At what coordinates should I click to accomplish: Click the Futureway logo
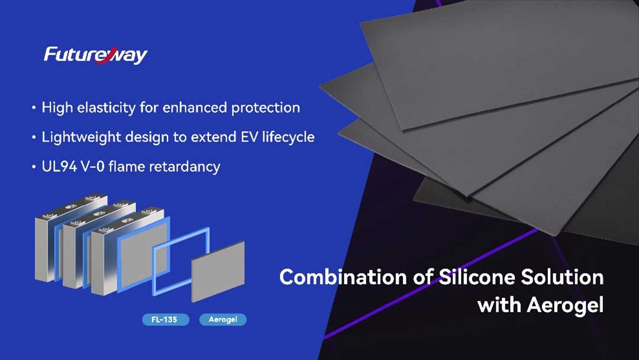coord(96,55)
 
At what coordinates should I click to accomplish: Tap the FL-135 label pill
coord(166,319)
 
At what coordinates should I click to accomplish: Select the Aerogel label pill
coord(223,319)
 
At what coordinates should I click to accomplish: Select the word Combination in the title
coord(343,277)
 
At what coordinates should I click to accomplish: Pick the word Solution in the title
coord(563,277)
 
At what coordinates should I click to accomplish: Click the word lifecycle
coord(288,137)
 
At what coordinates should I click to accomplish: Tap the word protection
coord(266,108)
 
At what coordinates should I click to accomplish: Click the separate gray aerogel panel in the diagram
coord(218,271)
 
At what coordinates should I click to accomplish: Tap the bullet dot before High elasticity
coord(34,108)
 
